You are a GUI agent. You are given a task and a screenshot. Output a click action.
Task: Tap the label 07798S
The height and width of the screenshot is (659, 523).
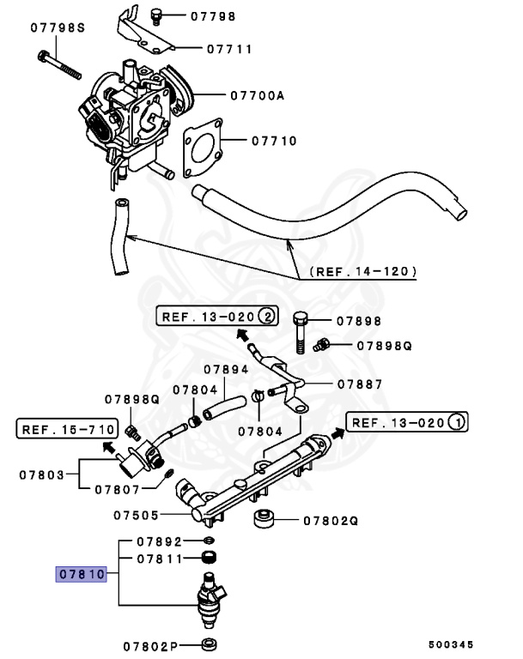click(58, 27)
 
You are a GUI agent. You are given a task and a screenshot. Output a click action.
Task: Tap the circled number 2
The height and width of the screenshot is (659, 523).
click(268, 316)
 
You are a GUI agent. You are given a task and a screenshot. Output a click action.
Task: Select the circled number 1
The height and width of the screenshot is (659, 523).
click(457, 422)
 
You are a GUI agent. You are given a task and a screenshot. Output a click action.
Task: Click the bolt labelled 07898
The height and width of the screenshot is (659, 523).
click(298, 330)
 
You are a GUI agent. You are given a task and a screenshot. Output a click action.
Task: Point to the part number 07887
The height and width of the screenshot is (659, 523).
click(359, 384)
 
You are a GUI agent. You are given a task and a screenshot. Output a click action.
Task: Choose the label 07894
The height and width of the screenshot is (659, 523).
click(226, 370)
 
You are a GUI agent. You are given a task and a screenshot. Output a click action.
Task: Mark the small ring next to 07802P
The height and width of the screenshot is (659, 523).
click(208, 644)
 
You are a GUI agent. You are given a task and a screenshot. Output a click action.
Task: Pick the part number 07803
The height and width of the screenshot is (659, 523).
click(42, 473)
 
